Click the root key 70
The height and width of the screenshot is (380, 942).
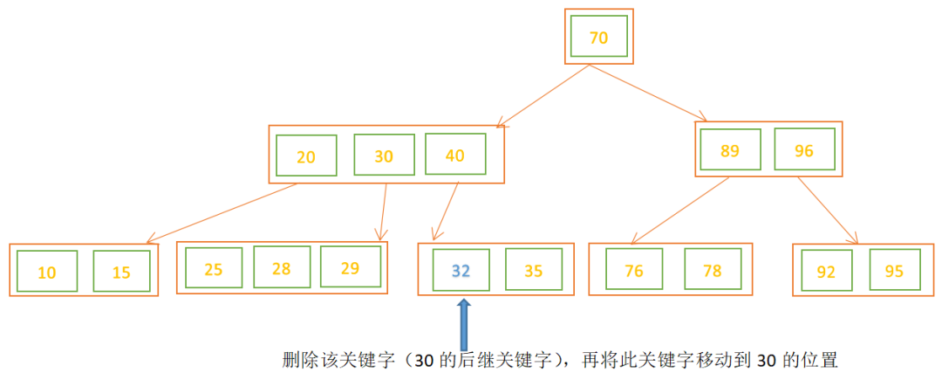click(598, 38)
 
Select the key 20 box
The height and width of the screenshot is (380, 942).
click(305, 157)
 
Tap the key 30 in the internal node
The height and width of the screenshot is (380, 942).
click(384, 156)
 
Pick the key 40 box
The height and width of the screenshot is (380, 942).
click(454, 155)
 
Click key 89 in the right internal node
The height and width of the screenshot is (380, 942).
click(730, 150)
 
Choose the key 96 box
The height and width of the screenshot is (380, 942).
click(804, 150)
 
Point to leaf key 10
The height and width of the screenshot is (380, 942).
click(47, 273)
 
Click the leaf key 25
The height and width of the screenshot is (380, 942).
click(213, 268)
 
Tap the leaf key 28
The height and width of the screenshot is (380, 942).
click(281, 268)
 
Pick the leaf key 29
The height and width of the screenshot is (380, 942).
click(350, 268)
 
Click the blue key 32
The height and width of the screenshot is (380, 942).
click(461, 270)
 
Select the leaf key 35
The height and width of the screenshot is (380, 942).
click(534, 270)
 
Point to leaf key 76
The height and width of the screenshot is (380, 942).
click(634, 270)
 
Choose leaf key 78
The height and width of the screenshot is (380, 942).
click(713, 270)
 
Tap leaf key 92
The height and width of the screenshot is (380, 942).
click(825, 271)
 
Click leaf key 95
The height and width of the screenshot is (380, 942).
click(894, 271)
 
